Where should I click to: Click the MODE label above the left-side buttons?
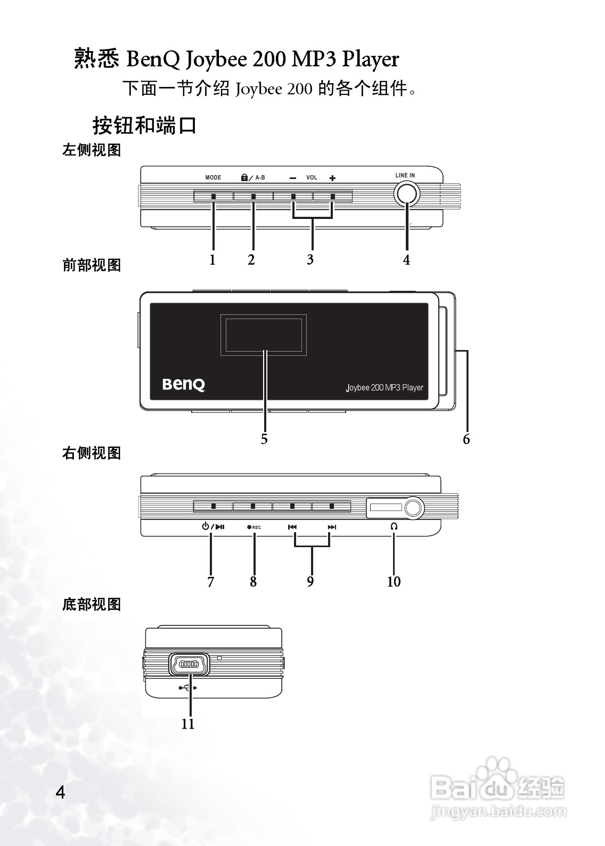coord(213,177)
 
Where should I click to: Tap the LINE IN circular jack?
coord(406,194)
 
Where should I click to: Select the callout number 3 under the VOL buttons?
coord(310,260)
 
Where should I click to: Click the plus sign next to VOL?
coord(332,178)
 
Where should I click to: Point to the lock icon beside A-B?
coord(244,177)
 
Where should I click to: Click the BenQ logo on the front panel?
coord(183,385)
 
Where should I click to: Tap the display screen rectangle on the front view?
coord(264,335)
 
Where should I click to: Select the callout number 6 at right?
coord(467,439)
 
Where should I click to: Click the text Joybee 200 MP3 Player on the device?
coord(385,387)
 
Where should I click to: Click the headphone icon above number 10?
coord(394,526)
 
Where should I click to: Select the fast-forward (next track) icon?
coord(332,527)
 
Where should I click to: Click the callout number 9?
coord(310,582)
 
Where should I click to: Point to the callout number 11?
coord(188,724)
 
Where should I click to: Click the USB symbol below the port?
coord(188,688)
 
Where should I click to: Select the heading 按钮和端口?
coord(145,126)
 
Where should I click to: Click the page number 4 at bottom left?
coord(61,792)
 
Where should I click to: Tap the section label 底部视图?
coord(92,605)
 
